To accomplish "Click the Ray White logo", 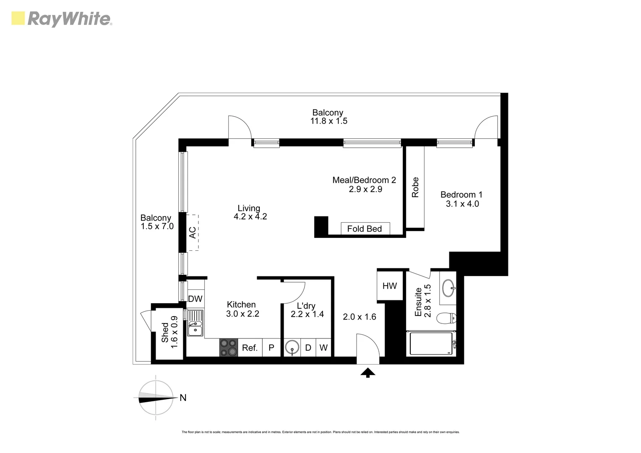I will [x=62, y=19].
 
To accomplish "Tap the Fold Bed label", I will [x=365, y=229].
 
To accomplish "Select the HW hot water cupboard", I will [x=389, y=286].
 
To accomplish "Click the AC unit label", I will [x=192, y=232].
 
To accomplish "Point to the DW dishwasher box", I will [x=195, y=299].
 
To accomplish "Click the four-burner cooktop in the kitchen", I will [x=228, y=348].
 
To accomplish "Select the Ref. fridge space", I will [x=250, y=348].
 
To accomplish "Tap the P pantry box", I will [x=271, y=348].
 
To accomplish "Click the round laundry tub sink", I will [x=292, y=348].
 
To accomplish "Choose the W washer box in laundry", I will [x=323, y=348].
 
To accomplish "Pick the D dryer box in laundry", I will [x=308, y=348].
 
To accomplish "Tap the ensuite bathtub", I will [x=431, y=344].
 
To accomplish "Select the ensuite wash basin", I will [x=448, y=288].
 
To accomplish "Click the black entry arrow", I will [x=368, y=372].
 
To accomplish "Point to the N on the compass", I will [x=183, y=398].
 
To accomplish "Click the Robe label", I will [x=415, y=187].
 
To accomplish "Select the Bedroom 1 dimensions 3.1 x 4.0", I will [x=462, y=204].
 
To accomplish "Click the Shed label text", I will [x=165, y=332].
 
